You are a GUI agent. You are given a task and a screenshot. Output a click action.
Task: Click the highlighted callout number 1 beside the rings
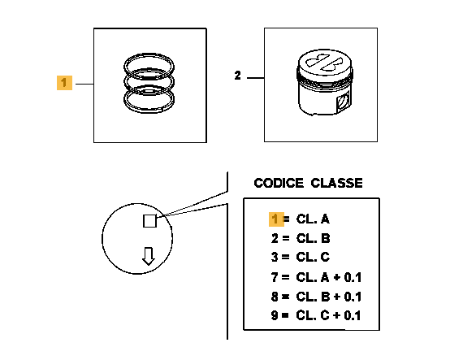[x=64, y=83]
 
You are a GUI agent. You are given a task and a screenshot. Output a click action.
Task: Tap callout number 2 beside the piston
[x=238, y=76]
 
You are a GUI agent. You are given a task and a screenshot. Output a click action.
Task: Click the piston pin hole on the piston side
[x=344, y=102]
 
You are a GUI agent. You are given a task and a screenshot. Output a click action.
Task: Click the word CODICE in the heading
[x=279, y=183]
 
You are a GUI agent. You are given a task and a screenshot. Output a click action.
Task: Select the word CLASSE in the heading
[x=336, y=183]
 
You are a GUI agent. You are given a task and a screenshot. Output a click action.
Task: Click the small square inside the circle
[x=149, y=221]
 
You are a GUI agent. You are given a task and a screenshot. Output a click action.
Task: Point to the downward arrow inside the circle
[x=149, y=256]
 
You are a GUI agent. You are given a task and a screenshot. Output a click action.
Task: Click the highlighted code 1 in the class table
[x=275, y=219]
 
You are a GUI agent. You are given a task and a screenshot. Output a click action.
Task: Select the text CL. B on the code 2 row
[x=313, y=238]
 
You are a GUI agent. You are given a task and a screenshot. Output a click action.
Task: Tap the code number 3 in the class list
[x=275, y=257]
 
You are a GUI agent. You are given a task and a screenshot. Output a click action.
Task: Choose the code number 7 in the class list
[x=275, y=277]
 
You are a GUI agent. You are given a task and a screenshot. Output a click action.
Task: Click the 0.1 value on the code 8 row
[x=353, y=297]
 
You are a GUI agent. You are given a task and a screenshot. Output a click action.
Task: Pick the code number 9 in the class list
[x=275, y=315]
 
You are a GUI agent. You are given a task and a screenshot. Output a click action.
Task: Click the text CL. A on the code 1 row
[x=313, y=219]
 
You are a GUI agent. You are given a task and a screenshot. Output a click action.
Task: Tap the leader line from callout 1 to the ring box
[x=84, y=84]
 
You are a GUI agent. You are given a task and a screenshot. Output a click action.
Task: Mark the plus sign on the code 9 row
[x=336, y=316]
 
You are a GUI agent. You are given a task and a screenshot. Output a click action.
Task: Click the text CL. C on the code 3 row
[x=313, y=257]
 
